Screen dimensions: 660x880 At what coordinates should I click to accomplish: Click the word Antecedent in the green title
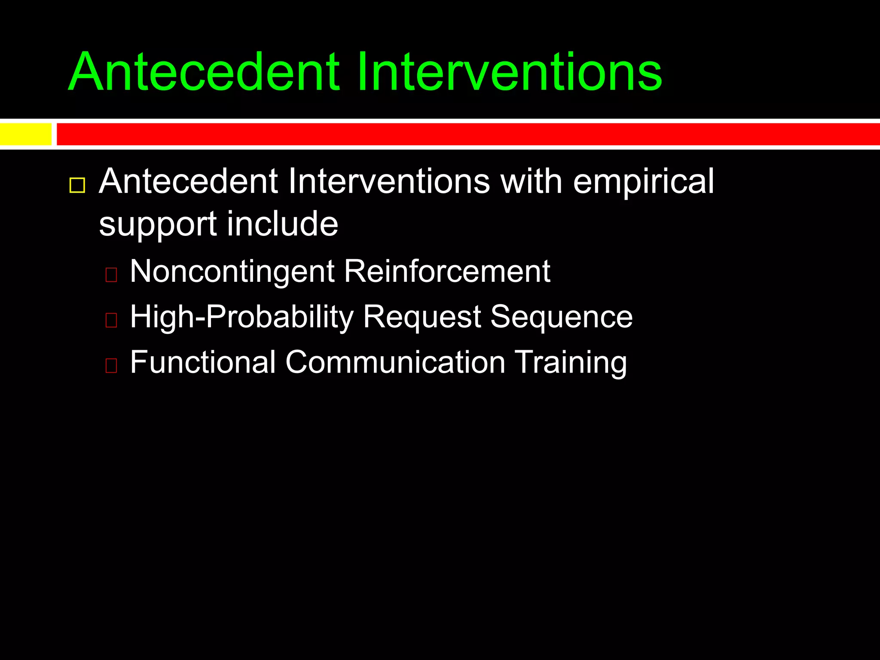click(204, 72)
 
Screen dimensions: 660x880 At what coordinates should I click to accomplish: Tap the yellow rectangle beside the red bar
click(25, 134)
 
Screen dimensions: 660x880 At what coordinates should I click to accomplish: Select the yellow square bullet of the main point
click(77, 186)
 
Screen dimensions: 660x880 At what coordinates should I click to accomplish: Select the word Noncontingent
click(232, 272)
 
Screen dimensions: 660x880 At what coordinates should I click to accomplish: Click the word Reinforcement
click(447, 272)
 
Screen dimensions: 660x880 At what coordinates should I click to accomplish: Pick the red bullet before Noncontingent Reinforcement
click(111, 275)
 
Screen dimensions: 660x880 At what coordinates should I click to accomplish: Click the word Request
click(422, 318)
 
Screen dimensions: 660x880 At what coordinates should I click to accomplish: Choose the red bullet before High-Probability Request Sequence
click(111, 320)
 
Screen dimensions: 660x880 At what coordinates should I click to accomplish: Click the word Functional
click(202, 362)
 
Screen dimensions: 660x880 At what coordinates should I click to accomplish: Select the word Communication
click(395, 362)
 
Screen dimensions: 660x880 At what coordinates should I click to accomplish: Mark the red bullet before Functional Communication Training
click(111, 365)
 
